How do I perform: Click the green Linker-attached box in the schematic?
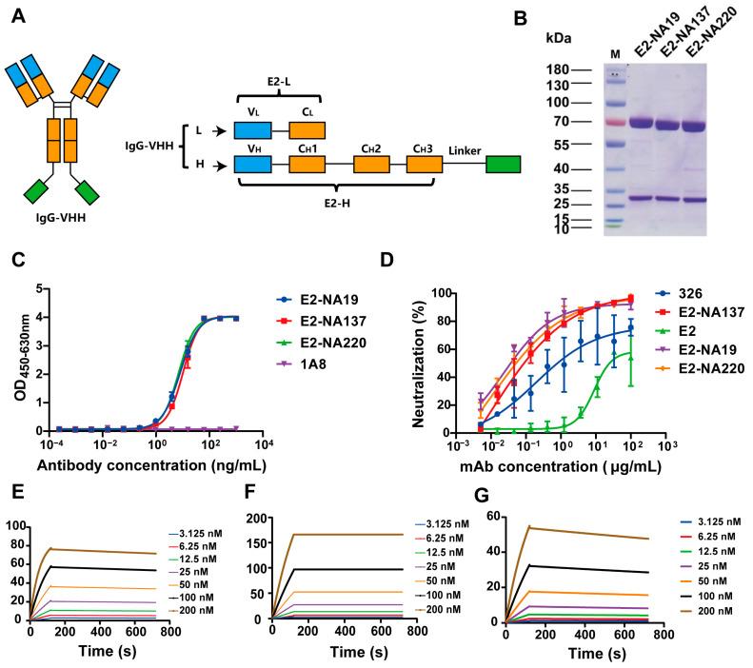(x=503, y=163)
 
